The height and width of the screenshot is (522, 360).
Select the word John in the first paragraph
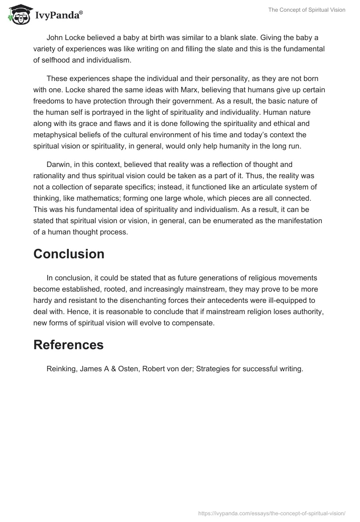click(x=54, y=37)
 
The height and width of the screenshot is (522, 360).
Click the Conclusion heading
click(x=68, y=254)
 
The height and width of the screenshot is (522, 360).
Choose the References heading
click(x=68, y=345)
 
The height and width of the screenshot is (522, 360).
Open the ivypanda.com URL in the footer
click(x=272, y=513)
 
